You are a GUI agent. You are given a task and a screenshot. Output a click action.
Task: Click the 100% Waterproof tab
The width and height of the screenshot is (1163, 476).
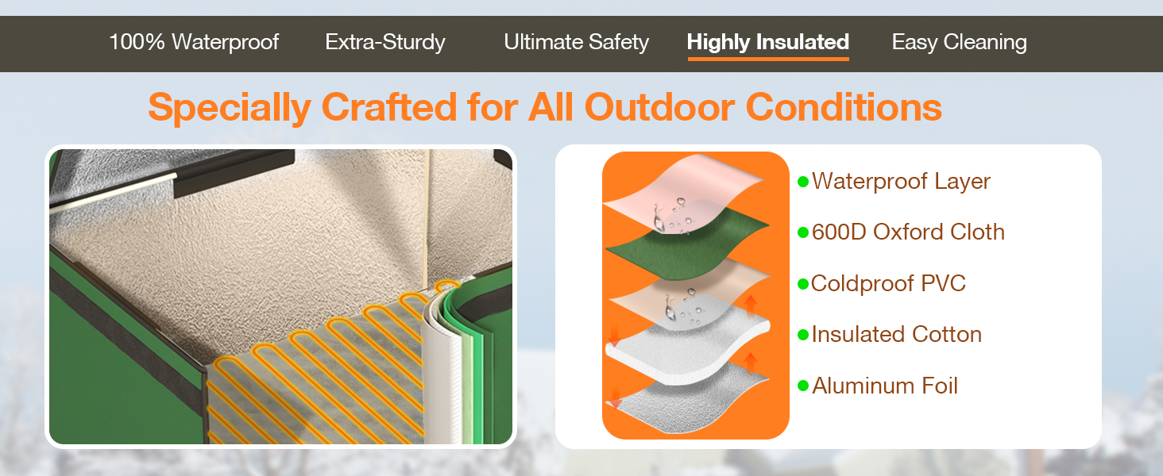tap(194, 42)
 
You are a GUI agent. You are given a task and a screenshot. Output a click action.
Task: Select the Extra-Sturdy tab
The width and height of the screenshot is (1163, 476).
tap(385, 42)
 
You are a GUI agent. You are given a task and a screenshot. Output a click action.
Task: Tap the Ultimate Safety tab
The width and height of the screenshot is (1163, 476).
tap(576, 42)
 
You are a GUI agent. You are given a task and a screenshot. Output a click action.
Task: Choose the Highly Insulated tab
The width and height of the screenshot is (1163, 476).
tap(768, 42)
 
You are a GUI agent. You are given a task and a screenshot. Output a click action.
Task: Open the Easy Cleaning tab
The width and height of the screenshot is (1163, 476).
tap(959, 42)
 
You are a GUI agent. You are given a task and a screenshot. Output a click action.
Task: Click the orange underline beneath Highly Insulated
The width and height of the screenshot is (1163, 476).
tap(768, 59)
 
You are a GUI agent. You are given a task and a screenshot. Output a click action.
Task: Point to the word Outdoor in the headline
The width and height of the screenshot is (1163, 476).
tap(659, 107)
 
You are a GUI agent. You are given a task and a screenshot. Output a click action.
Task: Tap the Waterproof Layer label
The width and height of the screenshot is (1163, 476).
tap(901, 182)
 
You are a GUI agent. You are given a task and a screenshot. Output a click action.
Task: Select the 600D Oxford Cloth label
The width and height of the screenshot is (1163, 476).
tap(908, 232)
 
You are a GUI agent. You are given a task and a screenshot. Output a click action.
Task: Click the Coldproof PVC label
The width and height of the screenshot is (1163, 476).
tap(888, 283)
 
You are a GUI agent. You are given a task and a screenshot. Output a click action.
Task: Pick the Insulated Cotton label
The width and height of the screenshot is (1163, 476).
tap(897, 335)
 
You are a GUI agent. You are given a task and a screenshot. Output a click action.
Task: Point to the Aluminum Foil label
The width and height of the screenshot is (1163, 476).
tap(885, 386)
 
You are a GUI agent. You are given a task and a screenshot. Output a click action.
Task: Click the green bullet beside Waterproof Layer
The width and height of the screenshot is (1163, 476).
tap(803, 182)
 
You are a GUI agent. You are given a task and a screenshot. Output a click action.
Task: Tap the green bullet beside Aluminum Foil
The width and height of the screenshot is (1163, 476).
tap(803, 386)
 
